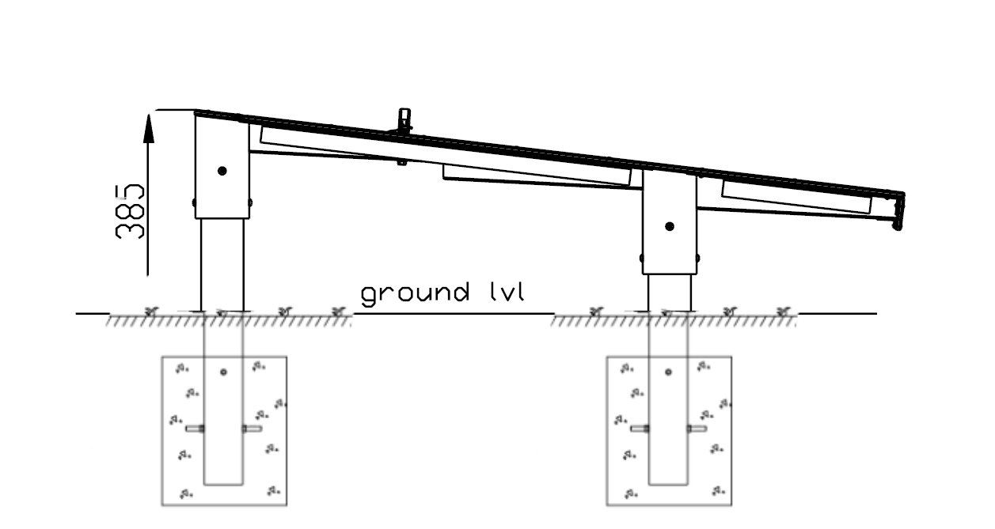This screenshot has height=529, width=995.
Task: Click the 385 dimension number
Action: click(x=130, y=212)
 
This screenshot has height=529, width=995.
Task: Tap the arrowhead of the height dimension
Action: click(x=148, y=128)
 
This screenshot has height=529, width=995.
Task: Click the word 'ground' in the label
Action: click(x=415, y=294)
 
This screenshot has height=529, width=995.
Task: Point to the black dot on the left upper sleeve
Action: click(x=222, y=171)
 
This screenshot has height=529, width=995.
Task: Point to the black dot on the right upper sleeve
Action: click(x=670, y=226)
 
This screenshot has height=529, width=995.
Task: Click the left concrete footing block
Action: click(x=224, y=431)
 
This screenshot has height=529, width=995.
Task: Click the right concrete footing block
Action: click(x=669, y=431)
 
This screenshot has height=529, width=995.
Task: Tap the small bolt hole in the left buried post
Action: click(x=223, y=372)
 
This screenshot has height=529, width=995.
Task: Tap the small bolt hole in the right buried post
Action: click(x=669, y=372)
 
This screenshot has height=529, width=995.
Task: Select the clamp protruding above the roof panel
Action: click(x=404, y=119)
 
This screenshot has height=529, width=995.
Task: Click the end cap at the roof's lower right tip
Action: click(x=898, y=211)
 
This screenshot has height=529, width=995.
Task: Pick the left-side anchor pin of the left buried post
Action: click(x=195, y=429)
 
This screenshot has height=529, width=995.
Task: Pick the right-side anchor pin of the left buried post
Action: click(x=252, y=429)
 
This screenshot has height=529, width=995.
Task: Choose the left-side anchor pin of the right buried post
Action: click(x=640, y=429)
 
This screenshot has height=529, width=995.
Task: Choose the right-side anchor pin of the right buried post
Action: click(x=697, y=429)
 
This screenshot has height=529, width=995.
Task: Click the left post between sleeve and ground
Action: click(x=222, y=265)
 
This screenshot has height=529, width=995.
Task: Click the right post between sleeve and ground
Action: click(x=670, y=293)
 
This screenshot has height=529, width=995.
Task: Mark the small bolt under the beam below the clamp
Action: click(x=401, y=163)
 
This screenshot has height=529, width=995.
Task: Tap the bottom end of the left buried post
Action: click(x=223, y=484)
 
